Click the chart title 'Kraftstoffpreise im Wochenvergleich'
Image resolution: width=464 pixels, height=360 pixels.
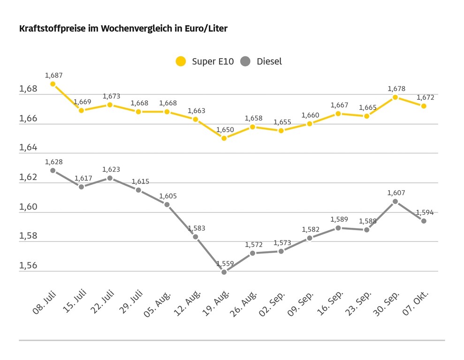[x=123, y=29]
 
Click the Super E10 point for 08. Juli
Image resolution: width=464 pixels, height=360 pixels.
[x=53, y=84]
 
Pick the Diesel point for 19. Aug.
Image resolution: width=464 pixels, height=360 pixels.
[x=224, y=272]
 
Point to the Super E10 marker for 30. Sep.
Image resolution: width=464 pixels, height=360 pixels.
[x=396, y=97]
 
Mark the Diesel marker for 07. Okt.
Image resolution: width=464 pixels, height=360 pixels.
[x=424, y=221]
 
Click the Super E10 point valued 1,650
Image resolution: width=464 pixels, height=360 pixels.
[x=224, y=138]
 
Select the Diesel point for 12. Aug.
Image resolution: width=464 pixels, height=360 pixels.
[x=196, y=237]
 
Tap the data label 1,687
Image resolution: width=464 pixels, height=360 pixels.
[x=53, y=75]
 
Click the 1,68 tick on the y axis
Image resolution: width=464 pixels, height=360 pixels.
[x=28, y=89]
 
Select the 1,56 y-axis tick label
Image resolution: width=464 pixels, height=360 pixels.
[x=28, y=266]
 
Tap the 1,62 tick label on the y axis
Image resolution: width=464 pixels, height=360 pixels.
[x=28, y=177]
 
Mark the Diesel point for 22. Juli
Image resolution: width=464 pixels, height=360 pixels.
[x=110, y=178]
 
